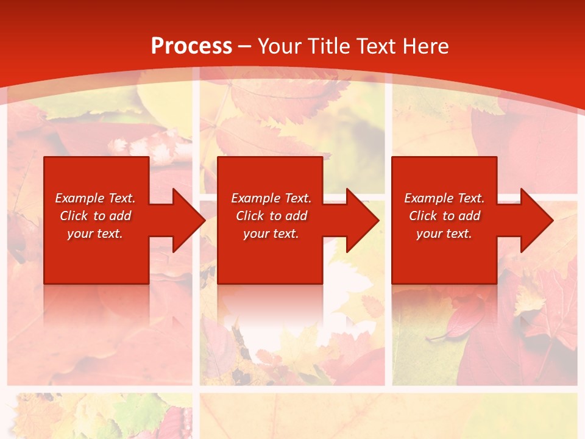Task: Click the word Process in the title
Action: pos(191,46)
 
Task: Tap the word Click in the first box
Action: pos(74,216)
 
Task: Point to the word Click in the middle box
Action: pos(250,216)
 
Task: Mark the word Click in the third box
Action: pos(423,216)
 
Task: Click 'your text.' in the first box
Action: pos(95,234)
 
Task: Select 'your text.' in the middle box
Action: pos(271,234)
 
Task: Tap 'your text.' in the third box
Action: pos(444,234)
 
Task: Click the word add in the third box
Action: pos(469,216)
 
